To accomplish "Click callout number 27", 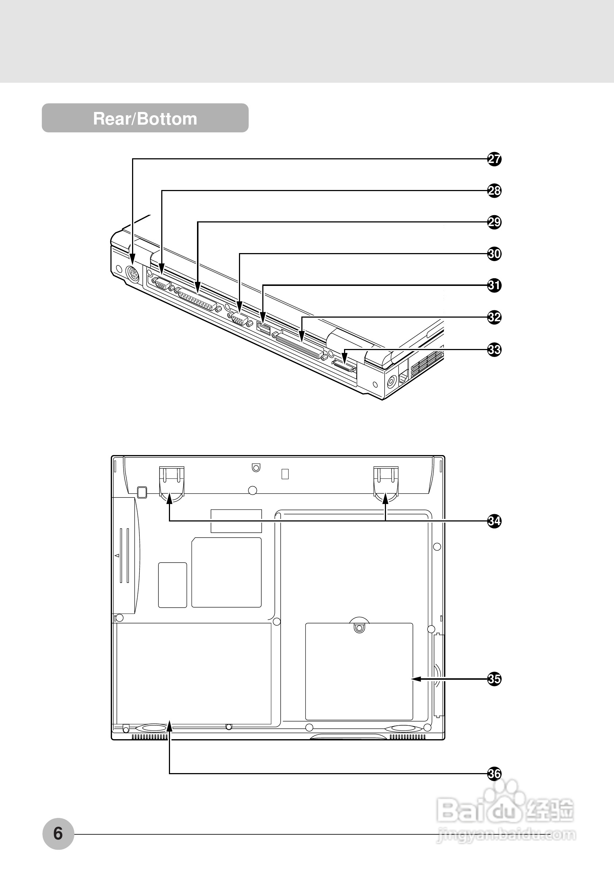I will (x=494, y=159).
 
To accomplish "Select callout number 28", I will (x=494, y=190).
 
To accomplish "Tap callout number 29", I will (x=494, y=222).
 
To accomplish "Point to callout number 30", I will (x=494, y=253).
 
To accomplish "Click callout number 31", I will (x=494, y=285).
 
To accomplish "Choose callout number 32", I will (x=494, y=317).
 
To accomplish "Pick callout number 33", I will (x=494, y=349).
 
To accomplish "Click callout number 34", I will (x=494, y=521).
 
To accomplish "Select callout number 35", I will (x=494, y=679).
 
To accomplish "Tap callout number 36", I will (x=494, y=773).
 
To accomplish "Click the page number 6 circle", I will (x=58, y=833).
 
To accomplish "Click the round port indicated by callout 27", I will (x=132, y=274).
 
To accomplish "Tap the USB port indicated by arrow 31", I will (x=263, y=327).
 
